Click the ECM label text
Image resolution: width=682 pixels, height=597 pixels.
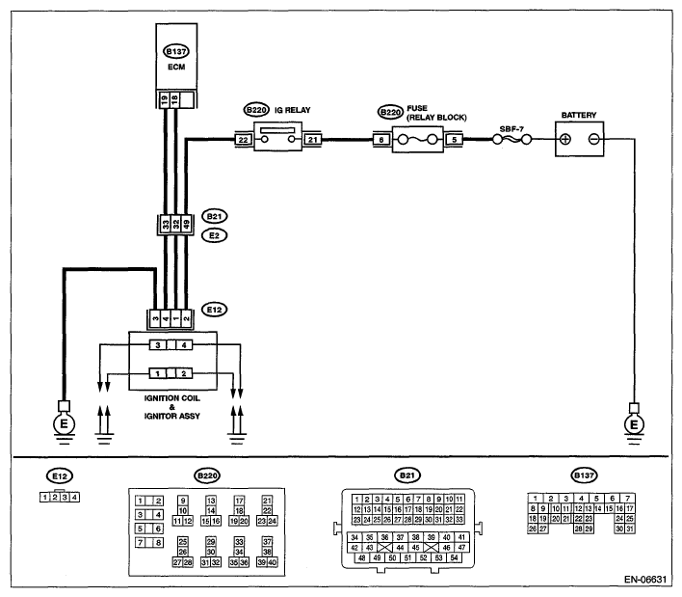[176, 68]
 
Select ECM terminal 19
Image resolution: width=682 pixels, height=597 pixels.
[164, 99]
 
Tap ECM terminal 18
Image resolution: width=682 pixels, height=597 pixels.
[174, 99]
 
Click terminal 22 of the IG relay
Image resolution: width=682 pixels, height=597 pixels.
[243, 140]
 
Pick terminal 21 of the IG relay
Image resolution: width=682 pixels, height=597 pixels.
[313, 140]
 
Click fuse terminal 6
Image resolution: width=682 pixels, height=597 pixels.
[381, 140]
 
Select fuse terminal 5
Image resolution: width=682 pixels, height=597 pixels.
[455, 140]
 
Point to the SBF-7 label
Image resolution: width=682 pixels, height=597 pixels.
[511, 129]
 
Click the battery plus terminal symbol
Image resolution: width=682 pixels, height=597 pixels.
[565, 139]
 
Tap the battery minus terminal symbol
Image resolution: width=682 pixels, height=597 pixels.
[593, 139]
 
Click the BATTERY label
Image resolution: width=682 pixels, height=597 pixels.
[579, 116]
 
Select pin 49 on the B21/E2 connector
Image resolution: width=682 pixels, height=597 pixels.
[186, 225]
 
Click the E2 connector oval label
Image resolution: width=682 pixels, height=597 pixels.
[215, 235]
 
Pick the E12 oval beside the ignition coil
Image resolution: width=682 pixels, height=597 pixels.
[215, 310]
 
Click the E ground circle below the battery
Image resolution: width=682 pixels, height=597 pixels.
[634, 424]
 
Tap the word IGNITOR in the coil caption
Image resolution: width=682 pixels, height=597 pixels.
[159, 417]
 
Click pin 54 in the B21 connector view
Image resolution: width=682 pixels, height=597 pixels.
[454, 557]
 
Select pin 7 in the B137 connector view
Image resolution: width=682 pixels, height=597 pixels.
[627, 499]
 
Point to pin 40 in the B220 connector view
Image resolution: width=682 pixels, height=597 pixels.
[273, 562]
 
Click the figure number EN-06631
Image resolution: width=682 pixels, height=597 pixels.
[645, 580]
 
